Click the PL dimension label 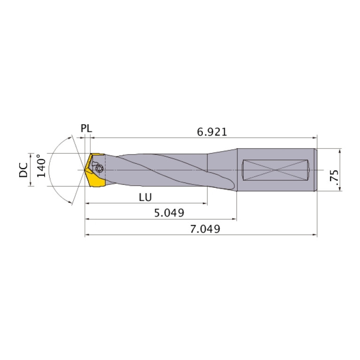point(86,128)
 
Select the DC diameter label point(23,169)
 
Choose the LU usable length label point(146,197)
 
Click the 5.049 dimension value point(169,213)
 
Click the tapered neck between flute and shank point(222,169)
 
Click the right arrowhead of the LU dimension point(205,204)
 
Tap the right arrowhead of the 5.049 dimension point(234,219)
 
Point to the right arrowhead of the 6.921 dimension point(314,138)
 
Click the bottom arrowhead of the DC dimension point(31,184)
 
